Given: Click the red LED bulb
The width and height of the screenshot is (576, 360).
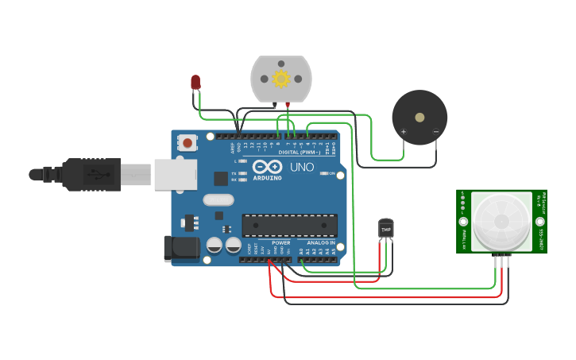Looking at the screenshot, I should point(195,81).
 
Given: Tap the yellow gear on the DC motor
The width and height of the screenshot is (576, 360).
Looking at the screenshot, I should point(280,79).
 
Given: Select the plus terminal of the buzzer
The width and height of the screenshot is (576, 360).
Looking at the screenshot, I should point(404,131).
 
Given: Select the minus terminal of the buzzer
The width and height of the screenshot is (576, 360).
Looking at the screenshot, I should point(435,131).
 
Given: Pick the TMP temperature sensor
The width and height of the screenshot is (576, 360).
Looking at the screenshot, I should point(386,229).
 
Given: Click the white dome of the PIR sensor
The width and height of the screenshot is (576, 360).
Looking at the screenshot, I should point(501,220).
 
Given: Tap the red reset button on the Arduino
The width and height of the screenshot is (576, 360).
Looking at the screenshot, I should point(187,143).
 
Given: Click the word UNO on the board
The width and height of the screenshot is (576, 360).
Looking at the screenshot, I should point(301,168).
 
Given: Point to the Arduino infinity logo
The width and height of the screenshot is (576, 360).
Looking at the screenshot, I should point(267,167).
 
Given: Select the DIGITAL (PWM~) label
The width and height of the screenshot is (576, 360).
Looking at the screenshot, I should point(299,152).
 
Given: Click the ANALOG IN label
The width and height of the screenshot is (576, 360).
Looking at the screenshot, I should point(320,242).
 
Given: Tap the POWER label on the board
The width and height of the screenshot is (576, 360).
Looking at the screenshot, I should point(280,242).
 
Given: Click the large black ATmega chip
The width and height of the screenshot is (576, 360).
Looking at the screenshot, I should point(289,225).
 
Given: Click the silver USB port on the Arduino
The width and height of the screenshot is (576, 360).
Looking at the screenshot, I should point(175,174).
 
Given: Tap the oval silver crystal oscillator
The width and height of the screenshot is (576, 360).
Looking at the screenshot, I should point(218,199).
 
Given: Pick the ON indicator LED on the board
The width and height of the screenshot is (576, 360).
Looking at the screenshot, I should point(324,172).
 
